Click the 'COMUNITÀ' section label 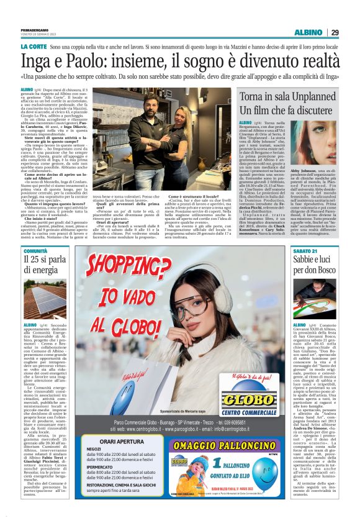tap(35, 250)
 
